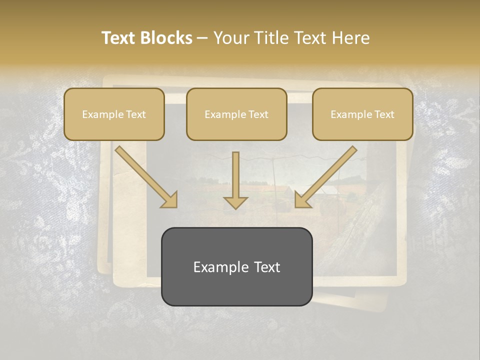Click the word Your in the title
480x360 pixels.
(230, 38)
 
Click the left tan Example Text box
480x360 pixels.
(114, 114)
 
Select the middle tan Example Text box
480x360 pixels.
(236, 114)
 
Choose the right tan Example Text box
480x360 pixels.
(362, 114)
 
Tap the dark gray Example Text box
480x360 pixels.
(236, 266)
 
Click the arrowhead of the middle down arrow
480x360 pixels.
(235, 201)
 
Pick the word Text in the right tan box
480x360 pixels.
(384, 114)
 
